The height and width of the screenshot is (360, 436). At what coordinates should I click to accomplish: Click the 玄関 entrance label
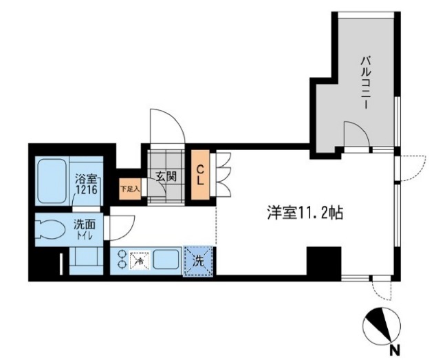coord(166,176)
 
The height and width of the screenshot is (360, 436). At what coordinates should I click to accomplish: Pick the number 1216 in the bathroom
coord(87,190)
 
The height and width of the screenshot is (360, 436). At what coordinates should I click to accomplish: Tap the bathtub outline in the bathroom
coord(52,182)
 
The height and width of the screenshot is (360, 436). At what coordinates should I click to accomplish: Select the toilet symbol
coord(52,228)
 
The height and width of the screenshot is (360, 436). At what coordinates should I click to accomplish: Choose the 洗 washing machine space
coord(197,262)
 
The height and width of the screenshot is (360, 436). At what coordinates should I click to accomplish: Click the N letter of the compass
coord(393,349)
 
